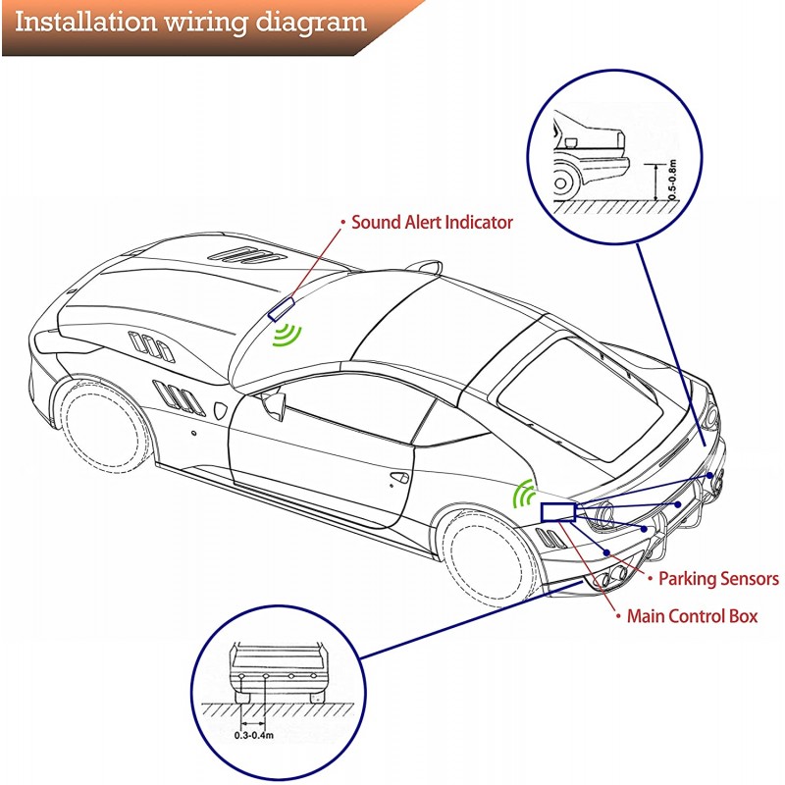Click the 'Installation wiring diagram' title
click(x=190, y=22)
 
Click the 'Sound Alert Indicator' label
click(x=432, y=223)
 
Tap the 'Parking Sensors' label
click(x=718, y=579)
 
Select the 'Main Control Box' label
click(x=692, y=617)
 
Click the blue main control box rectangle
click(x=557, y=511)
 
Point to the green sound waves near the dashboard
click(x=288, y=334)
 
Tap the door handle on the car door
click(x=399, y=477)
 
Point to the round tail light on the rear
click(x=601, y=512)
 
